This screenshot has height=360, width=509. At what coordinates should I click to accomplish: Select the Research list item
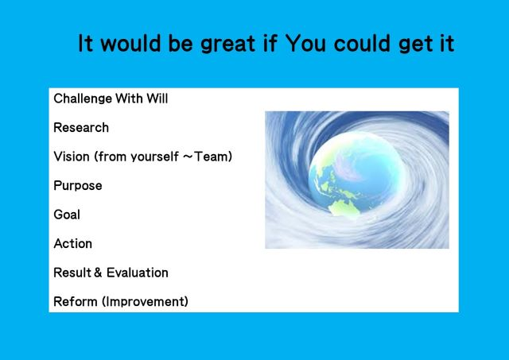click(81, 127)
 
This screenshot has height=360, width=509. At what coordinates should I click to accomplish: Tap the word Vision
click(72, 157)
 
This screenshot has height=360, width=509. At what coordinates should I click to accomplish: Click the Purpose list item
click(78, 186)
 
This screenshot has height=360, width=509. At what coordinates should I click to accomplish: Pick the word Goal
click(67, 215)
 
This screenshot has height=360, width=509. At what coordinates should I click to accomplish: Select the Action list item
click(72, 243)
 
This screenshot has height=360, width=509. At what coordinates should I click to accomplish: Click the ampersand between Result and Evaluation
click(98, 273)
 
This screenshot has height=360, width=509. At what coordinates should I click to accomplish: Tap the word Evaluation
click(138, 273)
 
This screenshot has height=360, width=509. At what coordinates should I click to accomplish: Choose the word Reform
click(76, 302)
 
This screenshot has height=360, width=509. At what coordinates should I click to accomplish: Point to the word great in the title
click(228, 44)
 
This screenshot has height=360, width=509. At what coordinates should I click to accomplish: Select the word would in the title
click(130, 43)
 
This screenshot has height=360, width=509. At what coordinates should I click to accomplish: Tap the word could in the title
click(362, 43)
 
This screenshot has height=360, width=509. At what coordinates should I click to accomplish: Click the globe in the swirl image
click(357, 173)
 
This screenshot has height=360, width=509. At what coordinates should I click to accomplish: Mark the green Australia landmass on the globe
click(344, 207)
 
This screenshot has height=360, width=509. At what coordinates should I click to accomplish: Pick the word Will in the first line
click(157, 99)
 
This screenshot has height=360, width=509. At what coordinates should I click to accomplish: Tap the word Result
click(72, 273)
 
